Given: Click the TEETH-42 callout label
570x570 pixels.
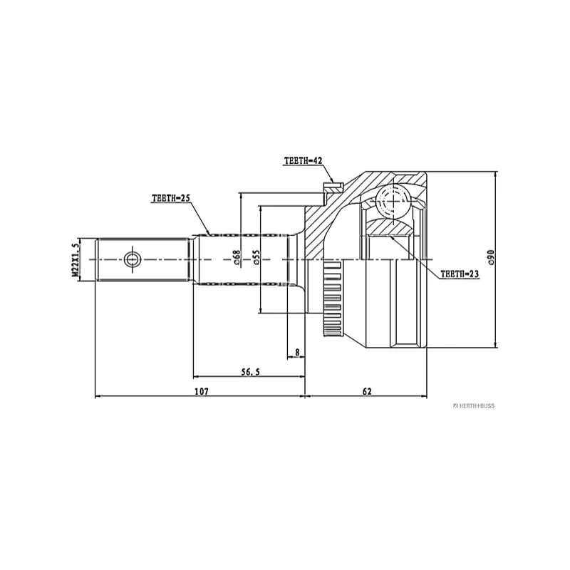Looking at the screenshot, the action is coord(304,160).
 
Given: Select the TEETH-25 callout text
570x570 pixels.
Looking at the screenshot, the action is coord(171,198).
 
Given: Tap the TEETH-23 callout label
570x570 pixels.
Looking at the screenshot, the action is coord(460,274).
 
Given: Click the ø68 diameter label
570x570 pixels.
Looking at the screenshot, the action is coord(237,257).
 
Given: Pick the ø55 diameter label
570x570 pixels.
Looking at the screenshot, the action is coord(256,257).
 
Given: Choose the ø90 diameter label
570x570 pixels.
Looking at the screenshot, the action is coord(492,257).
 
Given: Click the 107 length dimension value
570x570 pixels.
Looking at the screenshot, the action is coord(202,391).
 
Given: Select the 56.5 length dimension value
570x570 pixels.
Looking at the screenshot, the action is coord(252,372).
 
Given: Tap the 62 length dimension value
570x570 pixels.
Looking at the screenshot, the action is coord(367,391).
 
